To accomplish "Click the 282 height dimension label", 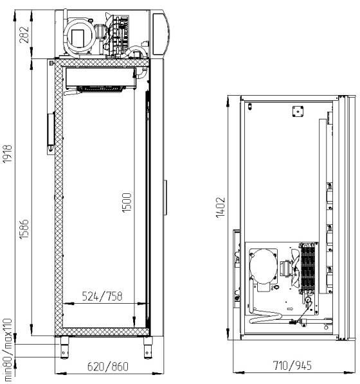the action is pos(24,35).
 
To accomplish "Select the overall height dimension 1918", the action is pos(7,154).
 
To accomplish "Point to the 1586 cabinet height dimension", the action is pos(24,229).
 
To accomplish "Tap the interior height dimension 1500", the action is pos(127,202).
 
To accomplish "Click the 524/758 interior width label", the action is pos(102,296).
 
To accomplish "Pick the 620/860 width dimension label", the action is pos(107,367).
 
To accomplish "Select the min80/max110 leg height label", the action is pos(7,350).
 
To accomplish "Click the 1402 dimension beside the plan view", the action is pos(221,207).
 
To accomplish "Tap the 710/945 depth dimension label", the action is pos(292,365).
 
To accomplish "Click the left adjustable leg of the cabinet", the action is pos(64,348).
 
